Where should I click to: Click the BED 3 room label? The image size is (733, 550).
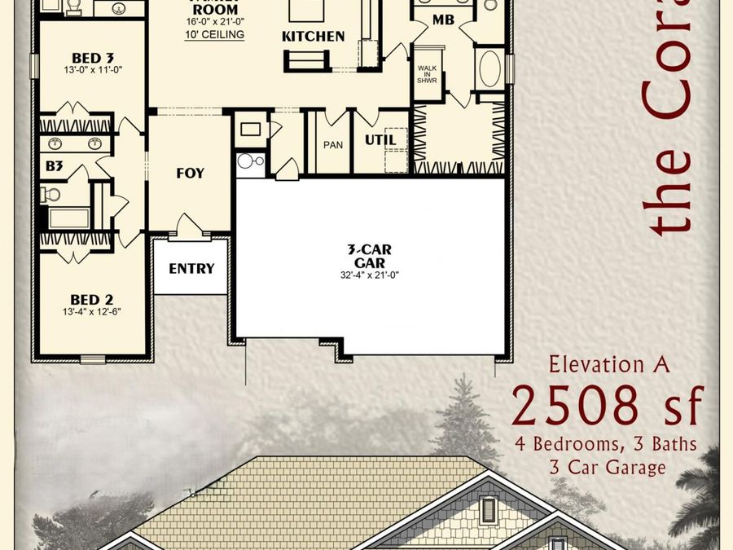click(92, 58)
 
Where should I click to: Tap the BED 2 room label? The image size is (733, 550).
click(91, 299)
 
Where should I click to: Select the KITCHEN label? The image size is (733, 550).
click(314, 37)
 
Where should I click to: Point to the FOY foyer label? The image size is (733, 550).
click(190, 174)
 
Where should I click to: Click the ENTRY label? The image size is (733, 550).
click(191, 268)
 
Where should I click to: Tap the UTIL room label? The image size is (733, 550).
click(380, 140)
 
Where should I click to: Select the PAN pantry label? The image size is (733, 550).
click(332, 145)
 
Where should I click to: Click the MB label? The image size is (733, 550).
click(443, 20)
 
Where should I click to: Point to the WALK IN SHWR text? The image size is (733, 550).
click(428, 73)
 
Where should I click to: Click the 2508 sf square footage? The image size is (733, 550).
click(607, 407)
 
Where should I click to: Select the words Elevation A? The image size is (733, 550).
click(608, 364)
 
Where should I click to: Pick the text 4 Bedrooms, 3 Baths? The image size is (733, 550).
click(606, 444)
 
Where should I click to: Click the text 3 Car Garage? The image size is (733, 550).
click(607, 467)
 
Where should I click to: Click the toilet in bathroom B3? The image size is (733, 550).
click(51, 194)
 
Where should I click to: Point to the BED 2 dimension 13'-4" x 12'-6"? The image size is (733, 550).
click(91, 311)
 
